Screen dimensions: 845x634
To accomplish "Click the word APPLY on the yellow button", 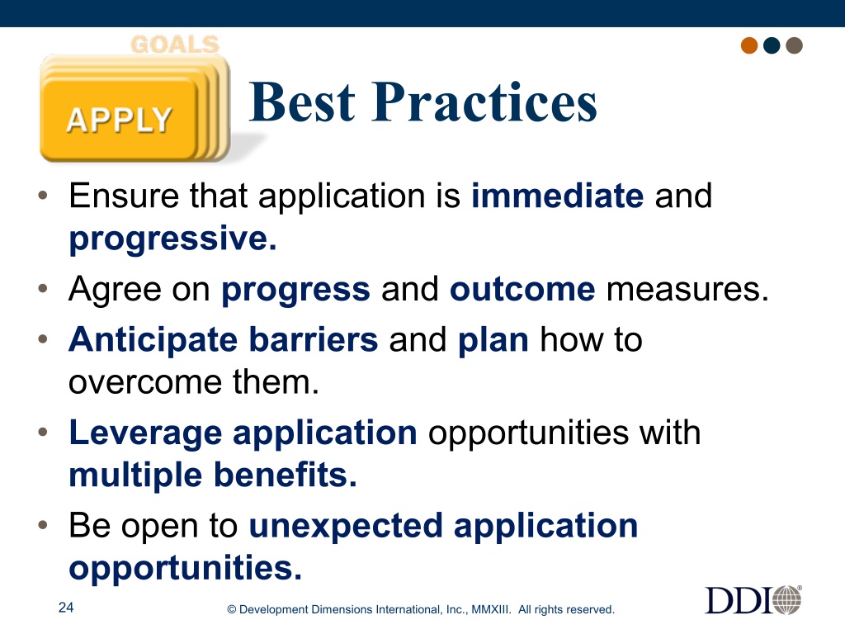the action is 119,120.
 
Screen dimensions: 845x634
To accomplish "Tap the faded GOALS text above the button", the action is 175,45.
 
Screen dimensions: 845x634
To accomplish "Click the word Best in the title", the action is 302,102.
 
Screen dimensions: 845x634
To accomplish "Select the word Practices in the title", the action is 484,102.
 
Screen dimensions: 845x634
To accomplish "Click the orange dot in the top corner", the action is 749,45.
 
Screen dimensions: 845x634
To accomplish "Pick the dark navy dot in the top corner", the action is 772,45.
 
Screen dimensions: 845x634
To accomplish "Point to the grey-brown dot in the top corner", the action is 795,45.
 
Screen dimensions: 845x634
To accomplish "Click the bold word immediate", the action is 557,195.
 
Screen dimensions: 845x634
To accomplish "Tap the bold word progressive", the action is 172,239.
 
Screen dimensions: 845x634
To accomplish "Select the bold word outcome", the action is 522,290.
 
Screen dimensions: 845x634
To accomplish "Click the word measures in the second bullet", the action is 687,290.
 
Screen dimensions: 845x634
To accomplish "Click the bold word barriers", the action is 313,339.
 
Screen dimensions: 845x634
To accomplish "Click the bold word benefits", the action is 285,475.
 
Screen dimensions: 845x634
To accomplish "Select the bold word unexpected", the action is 346,527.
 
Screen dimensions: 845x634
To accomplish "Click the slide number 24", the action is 66,608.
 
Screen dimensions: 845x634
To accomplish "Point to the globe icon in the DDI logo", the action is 787,600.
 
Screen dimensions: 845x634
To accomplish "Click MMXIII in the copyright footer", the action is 491,610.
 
